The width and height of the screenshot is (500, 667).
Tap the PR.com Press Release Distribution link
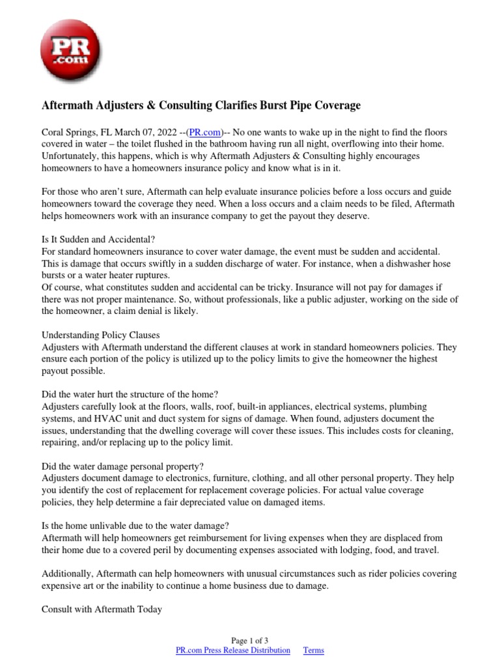click(233, 650)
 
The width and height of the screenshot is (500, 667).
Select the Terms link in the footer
click(313, 650)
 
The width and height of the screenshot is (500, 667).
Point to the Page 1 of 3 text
click(249, 640)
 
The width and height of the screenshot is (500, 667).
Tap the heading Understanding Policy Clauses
click(100, 335)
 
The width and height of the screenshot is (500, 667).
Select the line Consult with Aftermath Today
click(102, 610)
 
